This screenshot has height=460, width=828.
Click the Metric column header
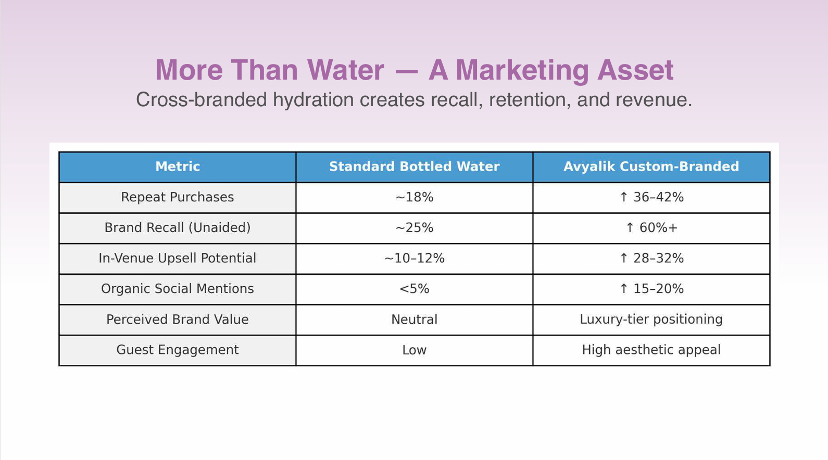(x=177, y=167)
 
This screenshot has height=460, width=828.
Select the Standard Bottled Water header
(x=414, y=167)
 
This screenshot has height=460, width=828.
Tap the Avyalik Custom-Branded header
(x=651, y=167)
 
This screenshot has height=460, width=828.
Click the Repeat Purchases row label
(x=177, y=197)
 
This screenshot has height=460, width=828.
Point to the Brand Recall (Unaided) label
(x=177, y=228)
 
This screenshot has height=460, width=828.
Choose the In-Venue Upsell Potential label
(x=177, y=258)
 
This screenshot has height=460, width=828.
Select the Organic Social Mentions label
(x=177, y=289)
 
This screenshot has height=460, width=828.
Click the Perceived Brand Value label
(x=177, y=320)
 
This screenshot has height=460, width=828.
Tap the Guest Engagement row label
(x=177, y=350)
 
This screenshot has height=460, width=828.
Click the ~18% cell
(x=414, y=197)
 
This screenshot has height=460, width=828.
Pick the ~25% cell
(x=414, y=228)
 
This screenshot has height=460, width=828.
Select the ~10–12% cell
(x=414, y=258)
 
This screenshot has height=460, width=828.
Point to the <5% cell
(x=414, y=289)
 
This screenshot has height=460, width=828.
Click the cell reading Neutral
(x=414, y=320)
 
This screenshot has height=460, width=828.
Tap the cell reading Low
(x=414, y=350)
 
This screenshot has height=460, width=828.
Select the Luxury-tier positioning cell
(x=651, y=320)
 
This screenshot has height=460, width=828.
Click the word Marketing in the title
(x=523, y=70)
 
